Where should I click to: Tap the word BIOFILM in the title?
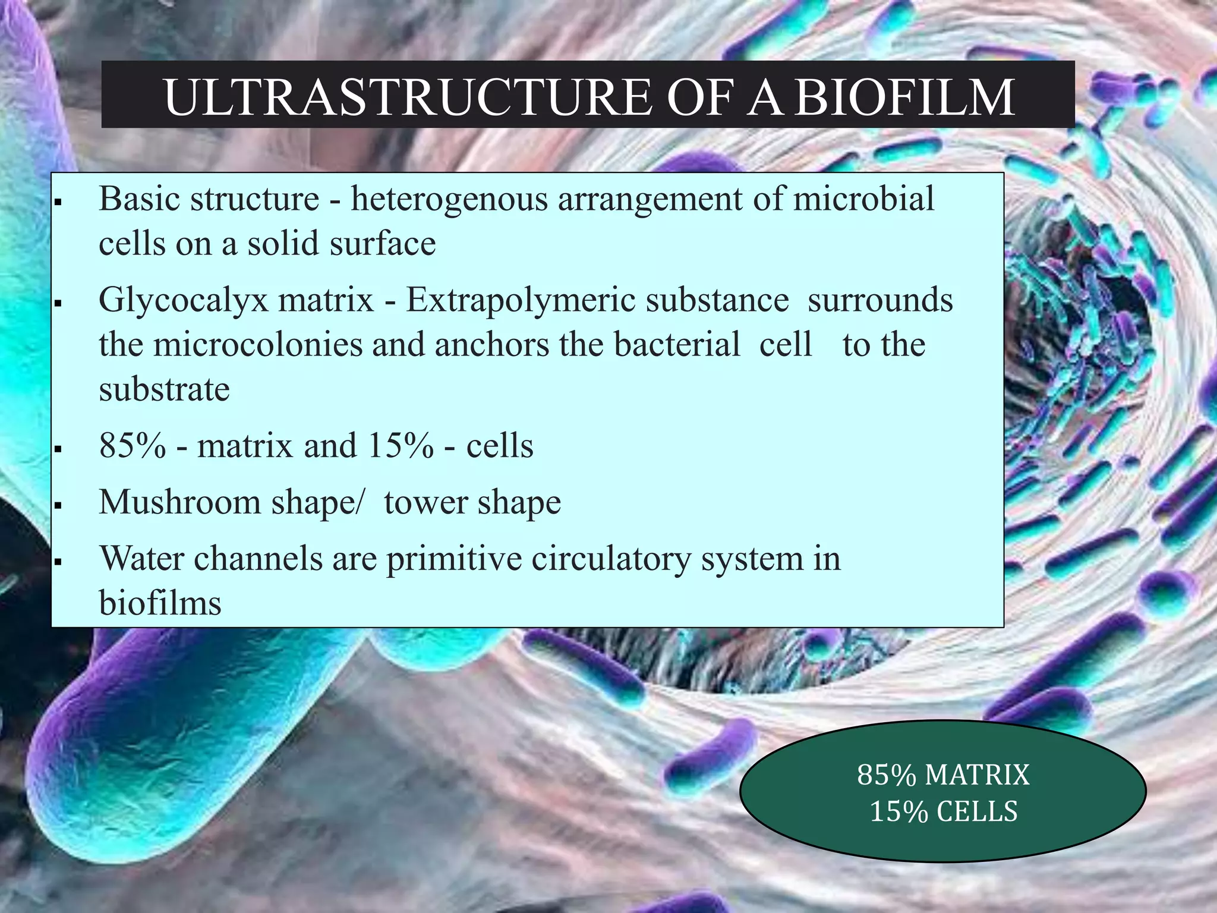[904, 97]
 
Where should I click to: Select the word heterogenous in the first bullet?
[449, 199]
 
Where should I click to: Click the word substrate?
[164, 390]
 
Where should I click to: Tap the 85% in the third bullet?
[133, 446]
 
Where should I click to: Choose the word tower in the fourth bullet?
[425, 502]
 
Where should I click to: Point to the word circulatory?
[610, 559]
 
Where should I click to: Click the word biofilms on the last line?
[160, 603]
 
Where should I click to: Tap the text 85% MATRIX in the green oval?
[943, 775]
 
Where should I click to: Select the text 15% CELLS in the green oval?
[943, 812]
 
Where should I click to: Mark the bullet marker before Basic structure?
[58, 203]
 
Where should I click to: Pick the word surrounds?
[880, 300]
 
